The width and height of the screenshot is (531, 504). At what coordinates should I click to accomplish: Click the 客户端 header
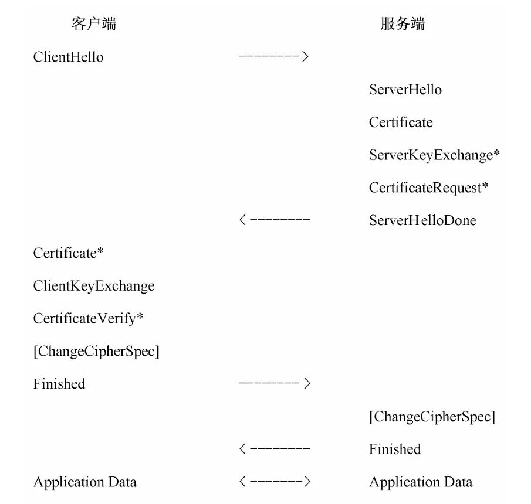point(94,24)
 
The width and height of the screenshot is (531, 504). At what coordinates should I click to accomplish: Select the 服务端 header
point(403,24)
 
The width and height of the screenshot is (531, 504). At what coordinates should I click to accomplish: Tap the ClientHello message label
point(68,57)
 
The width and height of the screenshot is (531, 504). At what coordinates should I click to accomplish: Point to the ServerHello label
point(405,90)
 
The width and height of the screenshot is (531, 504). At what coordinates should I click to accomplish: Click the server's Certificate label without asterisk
point(401,122)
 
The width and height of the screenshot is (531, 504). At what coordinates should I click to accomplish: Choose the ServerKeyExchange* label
point(435,155)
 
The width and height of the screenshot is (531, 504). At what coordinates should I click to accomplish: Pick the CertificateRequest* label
point(429,188)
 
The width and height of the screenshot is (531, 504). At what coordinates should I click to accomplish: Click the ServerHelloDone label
point(422,220)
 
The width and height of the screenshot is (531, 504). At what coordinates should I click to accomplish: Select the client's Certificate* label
point(69,253)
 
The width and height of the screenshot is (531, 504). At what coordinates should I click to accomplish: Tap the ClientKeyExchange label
point(94,286)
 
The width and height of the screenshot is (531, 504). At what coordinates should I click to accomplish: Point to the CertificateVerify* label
point(88,319)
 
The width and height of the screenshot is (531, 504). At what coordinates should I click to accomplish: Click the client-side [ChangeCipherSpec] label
point(96,352)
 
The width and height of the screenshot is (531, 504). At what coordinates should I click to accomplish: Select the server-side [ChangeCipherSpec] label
point(432,417)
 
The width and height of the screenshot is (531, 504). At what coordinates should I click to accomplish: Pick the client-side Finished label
point(59,384)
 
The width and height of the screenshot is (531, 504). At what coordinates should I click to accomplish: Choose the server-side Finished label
point(395,449)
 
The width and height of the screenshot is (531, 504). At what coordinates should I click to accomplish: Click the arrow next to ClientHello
point(274,56)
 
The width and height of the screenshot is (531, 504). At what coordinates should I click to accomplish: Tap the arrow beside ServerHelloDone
point(275,220)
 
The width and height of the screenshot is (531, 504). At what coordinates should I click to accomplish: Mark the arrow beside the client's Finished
point(275,383)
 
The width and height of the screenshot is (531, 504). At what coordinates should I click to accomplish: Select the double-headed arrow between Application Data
point(275,481)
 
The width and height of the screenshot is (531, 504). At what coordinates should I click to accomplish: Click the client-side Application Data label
point(85,482)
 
